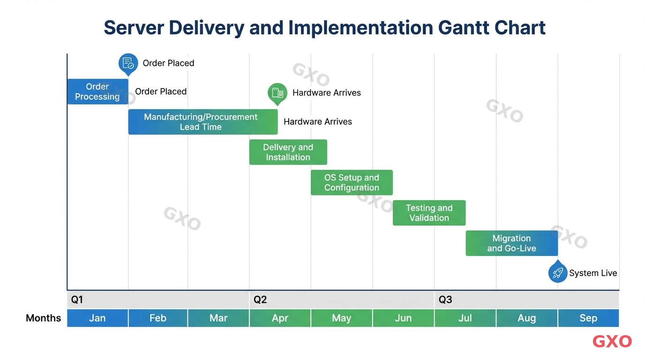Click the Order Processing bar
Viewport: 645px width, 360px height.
click(97, 91)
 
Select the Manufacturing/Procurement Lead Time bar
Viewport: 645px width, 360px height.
click(202, 122)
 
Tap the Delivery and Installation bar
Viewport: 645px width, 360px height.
click(288, 152)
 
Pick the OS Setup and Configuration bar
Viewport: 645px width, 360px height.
click(352, 182)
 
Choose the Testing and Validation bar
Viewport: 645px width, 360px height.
click(429, 213)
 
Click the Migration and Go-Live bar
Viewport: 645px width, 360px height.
click(511, 243)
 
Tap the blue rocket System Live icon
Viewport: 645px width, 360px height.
click(557, 272)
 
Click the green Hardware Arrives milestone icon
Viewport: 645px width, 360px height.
click(277, 92)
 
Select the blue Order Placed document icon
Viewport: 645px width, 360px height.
click(128, 63)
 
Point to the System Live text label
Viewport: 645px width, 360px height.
click(593, 273)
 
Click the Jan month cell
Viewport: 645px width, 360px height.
click(97, 318)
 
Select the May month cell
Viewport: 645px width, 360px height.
click(341, 318)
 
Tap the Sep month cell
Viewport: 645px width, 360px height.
click(588, 318)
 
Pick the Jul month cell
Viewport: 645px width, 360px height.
click(465, 318)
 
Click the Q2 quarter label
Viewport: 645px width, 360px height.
click(260, 300)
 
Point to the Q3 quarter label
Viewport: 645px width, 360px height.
click(445, 300)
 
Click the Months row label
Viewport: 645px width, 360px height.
click(44, 318)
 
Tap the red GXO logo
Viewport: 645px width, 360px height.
click(612, 341)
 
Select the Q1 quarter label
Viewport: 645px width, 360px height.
click(77, 300)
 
